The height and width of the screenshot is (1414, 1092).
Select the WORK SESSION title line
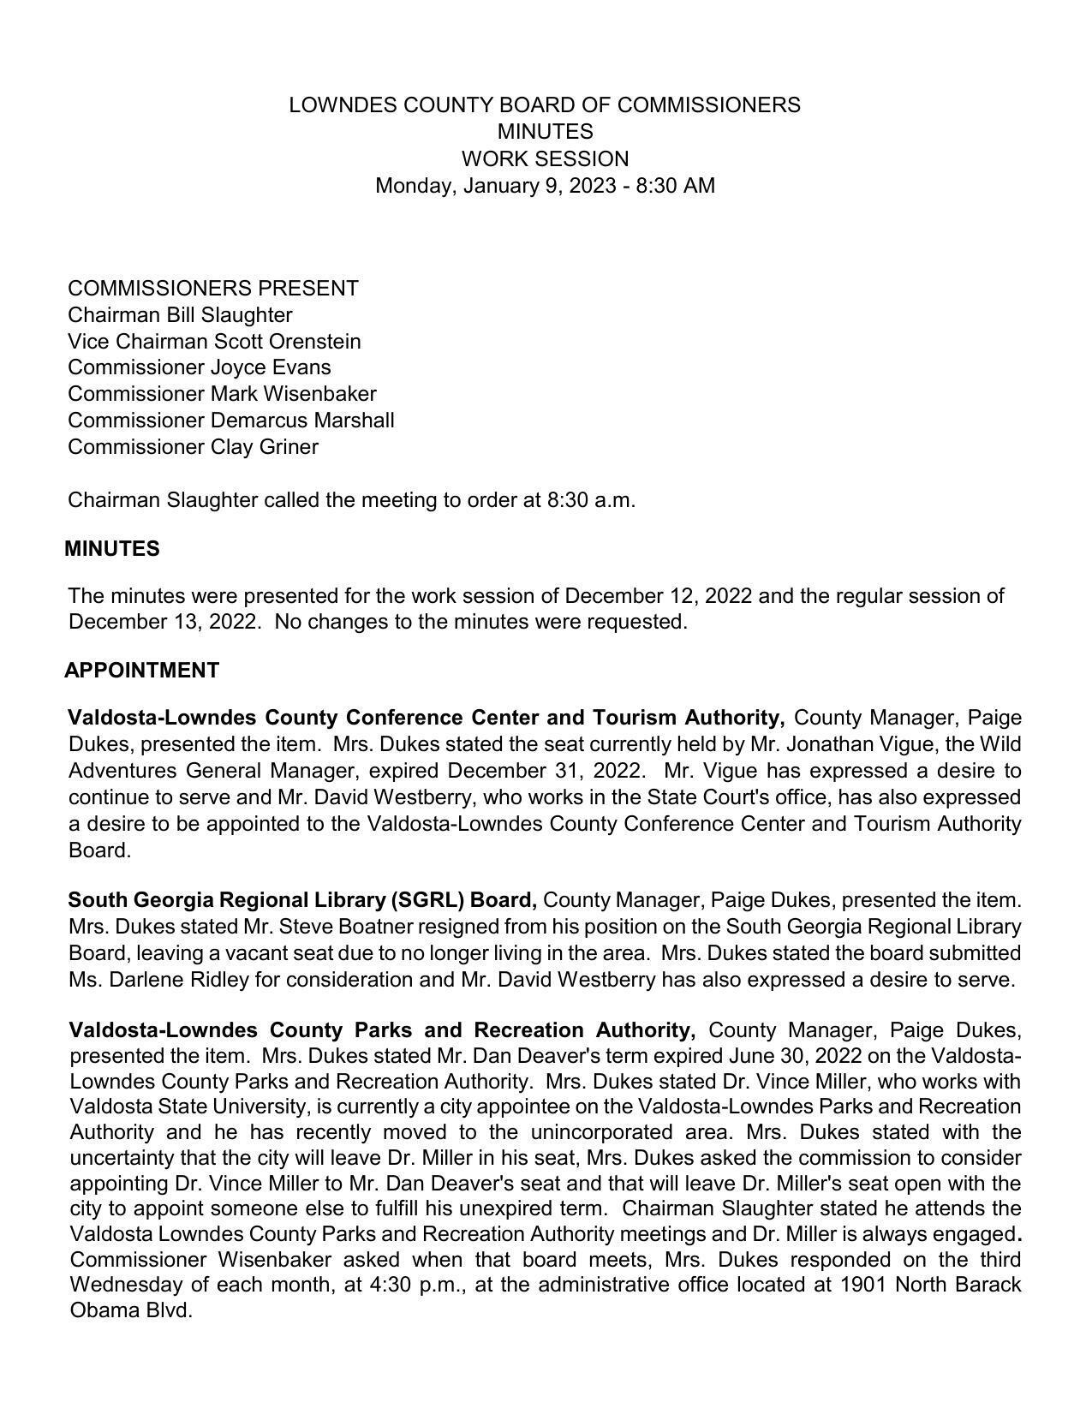[x=545, y=159]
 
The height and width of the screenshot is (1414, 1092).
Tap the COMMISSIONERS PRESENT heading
[x=212, y=289]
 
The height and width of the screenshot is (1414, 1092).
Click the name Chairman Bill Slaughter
[x=180, y=315]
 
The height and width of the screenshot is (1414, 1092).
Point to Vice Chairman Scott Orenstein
[x=214, y=342]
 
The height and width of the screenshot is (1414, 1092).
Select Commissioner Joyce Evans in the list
[x=199, y=367]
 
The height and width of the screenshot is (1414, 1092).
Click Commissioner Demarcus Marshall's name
[x=230, y=421]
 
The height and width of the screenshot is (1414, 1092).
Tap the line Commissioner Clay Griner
[x=193, y=447]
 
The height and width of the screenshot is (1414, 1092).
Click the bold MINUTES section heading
[x=112, y=549]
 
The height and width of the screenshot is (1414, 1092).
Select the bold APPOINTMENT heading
[x=142, y=671]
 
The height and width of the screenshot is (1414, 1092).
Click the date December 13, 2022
[x=162, y=622]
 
